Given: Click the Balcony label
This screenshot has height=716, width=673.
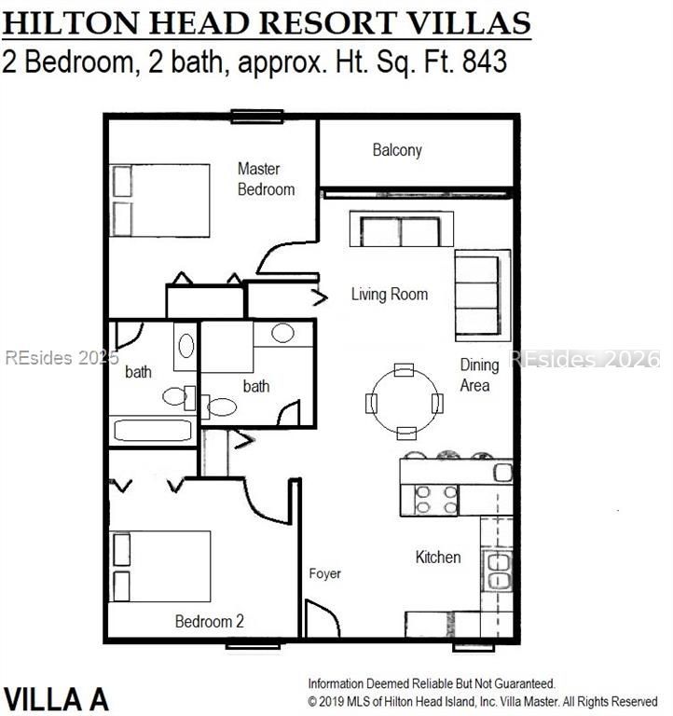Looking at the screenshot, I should pos(397,150).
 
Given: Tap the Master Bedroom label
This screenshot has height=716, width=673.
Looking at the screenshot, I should pos(266,179).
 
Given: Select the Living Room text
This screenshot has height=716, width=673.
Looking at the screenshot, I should pos(390,295).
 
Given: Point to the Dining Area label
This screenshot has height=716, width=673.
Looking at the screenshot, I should pos(479,375).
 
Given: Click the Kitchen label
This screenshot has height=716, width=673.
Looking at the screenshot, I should pos(437,558).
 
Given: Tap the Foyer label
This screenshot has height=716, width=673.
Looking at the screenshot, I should pos(325,573).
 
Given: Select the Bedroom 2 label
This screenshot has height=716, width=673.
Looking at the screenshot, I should pos(210,622).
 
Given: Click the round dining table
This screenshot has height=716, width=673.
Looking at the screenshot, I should pos(405,402).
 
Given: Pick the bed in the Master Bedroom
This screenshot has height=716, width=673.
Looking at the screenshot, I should pos(160,200).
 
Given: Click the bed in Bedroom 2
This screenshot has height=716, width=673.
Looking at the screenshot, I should pos(160,567).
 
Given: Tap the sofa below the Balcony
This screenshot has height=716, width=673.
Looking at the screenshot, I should pos(401,230).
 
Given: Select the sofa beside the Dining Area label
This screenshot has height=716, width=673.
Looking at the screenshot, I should pos(482,295).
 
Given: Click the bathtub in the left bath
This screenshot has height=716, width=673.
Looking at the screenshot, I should pos(152,431).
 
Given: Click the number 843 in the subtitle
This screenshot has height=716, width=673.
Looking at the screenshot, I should pos(482,62).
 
